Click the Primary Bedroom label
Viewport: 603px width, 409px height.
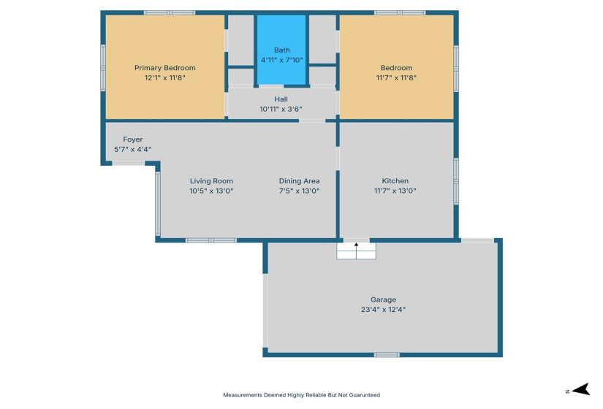pyautogui.click(x=164, y=68)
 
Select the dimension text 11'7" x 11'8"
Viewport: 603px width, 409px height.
pyautogui.click(x=395, y=77)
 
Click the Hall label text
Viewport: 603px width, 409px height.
pyautogui.click(x=281, y=99)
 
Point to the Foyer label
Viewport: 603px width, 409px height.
pyautogui.click(x=132, y=139)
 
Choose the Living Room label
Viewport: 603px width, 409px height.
pyautogui.click(x=211, y=181)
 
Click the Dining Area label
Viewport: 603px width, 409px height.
pyautogui.click(x=299, y=181)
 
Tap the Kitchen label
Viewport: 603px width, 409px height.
pyautogui.click(x=395, y=181)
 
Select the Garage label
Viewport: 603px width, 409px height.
pyautogui.click(x=383, y=299)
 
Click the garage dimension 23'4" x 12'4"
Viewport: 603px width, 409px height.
pyautogui.click(x=383, y=310)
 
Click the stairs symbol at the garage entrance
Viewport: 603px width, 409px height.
pyautogui.click(x=356, y=250)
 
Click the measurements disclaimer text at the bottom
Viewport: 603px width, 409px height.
pyautogui.click(x=301, y=395)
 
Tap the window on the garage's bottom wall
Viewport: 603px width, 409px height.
pyautogui.click(x=387, y=355)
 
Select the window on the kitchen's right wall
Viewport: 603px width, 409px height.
pyautogui.click(x=456, y=180)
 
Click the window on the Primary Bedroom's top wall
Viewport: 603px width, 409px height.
pyautogui.click(x=170, y=12)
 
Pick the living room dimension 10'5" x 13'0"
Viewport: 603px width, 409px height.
pyautogui.click(x=211, y=191)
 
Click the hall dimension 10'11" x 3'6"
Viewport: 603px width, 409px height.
pyautogui.click(x=281, y=109)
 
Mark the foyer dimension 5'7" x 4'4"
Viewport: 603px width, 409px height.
pyautogui.click(x=132, y=150)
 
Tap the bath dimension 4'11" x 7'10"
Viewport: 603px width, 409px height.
pyautogui.click(x=281, y=60)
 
